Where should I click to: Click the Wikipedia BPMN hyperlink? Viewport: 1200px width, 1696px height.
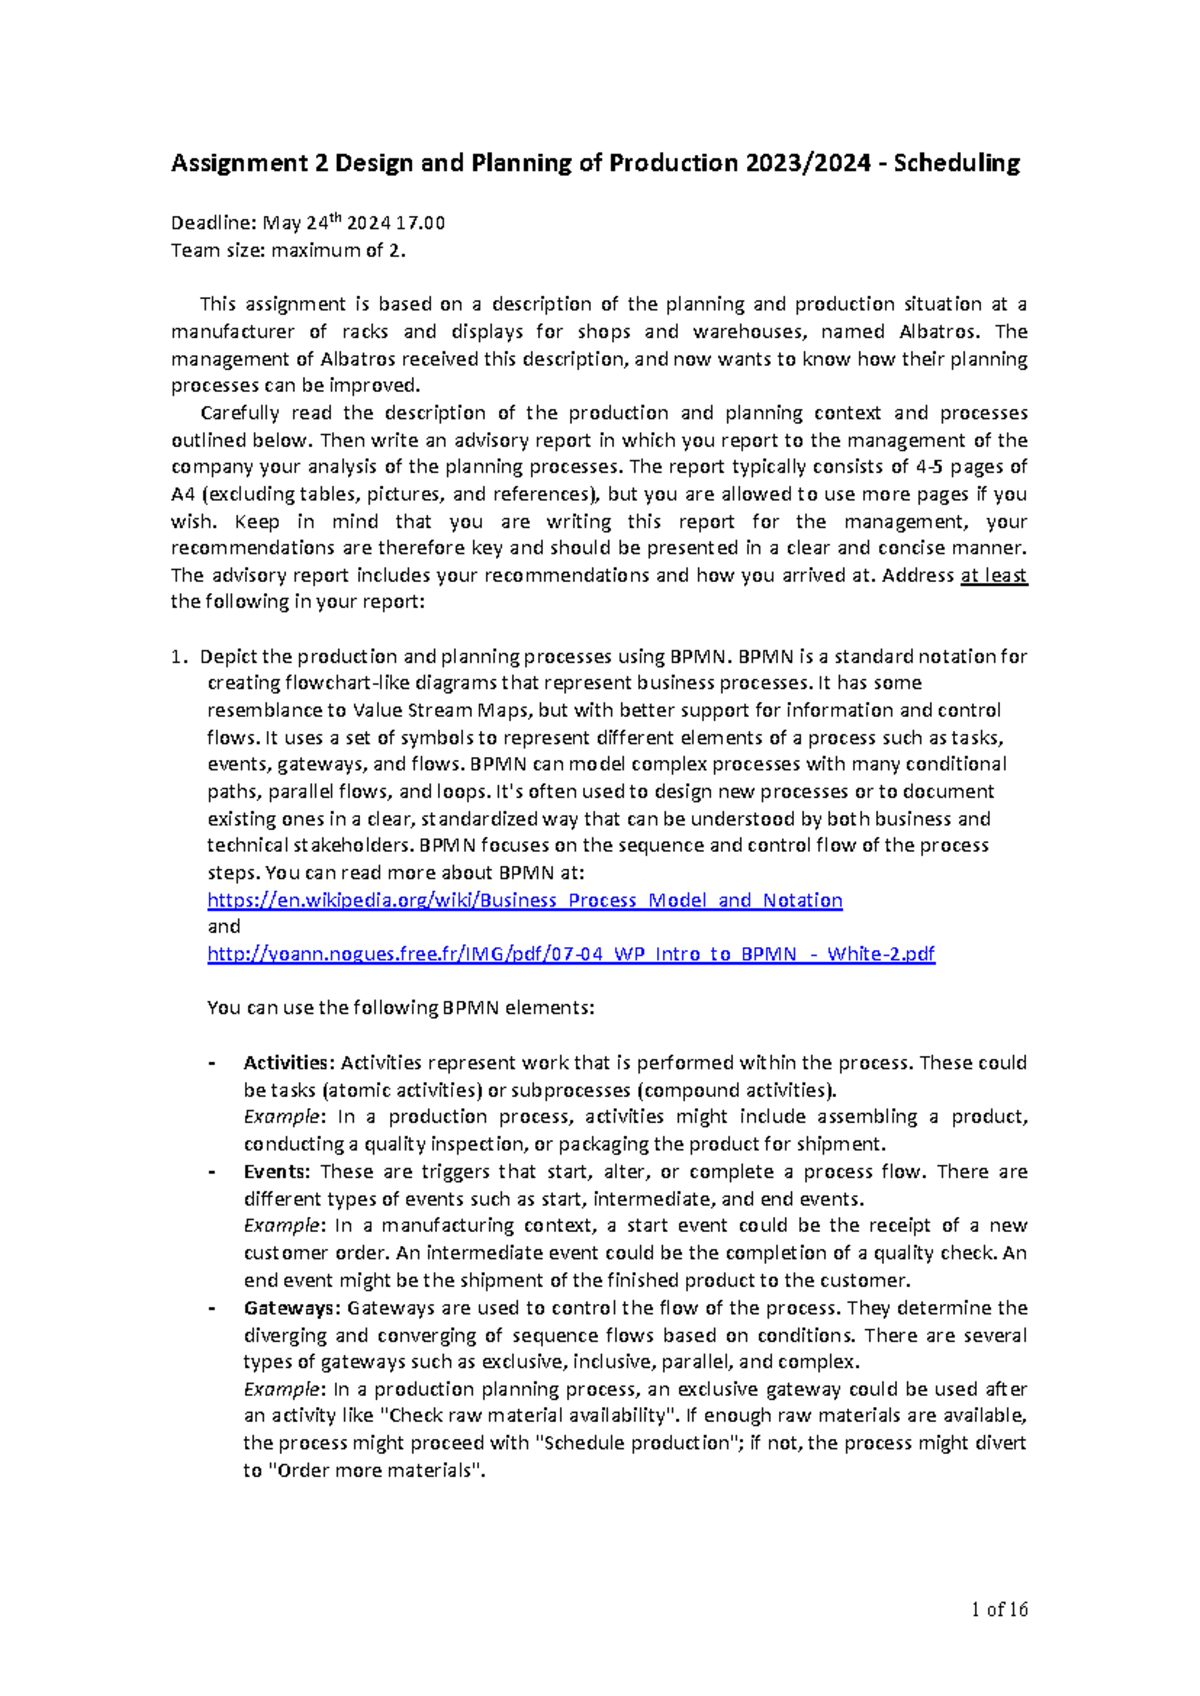pyautogui.click(x=524, y=900)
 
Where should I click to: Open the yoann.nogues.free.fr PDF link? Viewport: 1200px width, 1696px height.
pyautogui.click(x=570, y=953)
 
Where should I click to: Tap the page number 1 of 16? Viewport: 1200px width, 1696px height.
pyautogui.click(x=999, y=1609)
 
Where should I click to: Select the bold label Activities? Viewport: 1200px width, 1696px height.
pyautogui.click(x=287, y=1063)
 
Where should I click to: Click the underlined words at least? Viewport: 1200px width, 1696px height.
pyautogui.click(x=993, y=575)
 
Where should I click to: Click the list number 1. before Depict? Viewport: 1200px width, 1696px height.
pyautogui.click(x=178, y=657)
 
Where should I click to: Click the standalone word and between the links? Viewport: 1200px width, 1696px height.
pyautogui.click(x=223, y=927)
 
